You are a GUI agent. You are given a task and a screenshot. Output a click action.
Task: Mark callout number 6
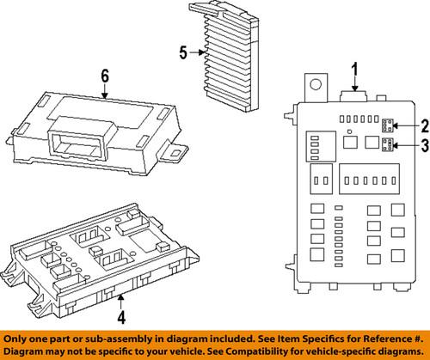click(x=104, y=78)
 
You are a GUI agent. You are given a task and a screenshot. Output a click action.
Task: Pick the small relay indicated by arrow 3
click(x=388, y=146)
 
